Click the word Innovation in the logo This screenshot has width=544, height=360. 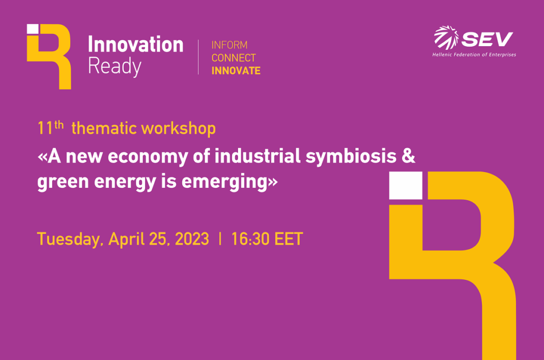(135, 45)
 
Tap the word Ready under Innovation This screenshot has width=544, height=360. (115, 66)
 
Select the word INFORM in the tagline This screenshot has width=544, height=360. (229, 45)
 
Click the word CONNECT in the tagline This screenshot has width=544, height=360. (234, 57)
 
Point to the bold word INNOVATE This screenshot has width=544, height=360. (236, 71)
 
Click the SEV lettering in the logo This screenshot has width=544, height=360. (487, 39)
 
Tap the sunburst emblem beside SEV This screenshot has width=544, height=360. (446, 37)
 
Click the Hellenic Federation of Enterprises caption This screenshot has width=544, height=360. (474, 55)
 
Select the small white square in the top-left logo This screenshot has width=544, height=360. (32, 29)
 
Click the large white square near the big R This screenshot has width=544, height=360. (405, 185)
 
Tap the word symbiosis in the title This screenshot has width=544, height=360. (351, 157)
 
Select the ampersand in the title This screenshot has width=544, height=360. (409, 156)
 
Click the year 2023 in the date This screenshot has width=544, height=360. (192, 239)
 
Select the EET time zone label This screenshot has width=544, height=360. (288, 239)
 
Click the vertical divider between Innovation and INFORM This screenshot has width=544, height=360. (199, 57)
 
